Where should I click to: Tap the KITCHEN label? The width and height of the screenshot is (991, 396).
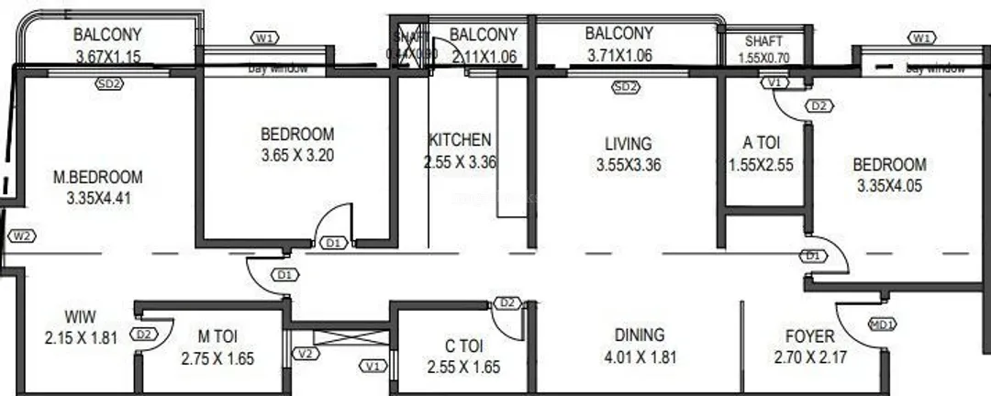point(460,140)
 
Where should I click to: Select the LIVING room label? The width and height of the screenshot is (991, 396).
point(629,144)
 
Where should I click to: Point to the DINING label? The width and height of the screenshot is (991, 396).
point(640,335)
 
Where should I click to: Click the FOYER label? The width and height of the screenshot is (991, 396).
point(809,336)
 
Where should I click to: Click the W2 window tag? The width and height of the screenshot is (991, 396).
point(20,236)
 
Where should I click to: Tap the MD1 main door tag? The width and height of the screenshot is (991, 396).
point(883,323)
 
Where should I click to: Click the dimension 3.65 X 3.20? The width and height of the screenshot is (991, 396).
point(297,155)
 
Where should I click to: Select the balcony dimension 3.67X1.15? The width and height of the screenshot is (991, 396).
point(108,57)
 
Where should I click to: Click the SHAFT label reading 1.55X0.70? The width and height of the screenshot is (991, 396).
point(763,57)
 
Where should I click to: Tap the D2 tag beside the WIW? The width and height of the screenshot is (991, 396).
point(143,335)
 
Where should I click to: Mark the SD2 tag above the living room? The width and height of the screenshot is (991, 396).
point(625,87)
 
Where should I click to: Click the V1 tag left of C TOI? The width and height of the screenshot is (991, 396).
point(373,367)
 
